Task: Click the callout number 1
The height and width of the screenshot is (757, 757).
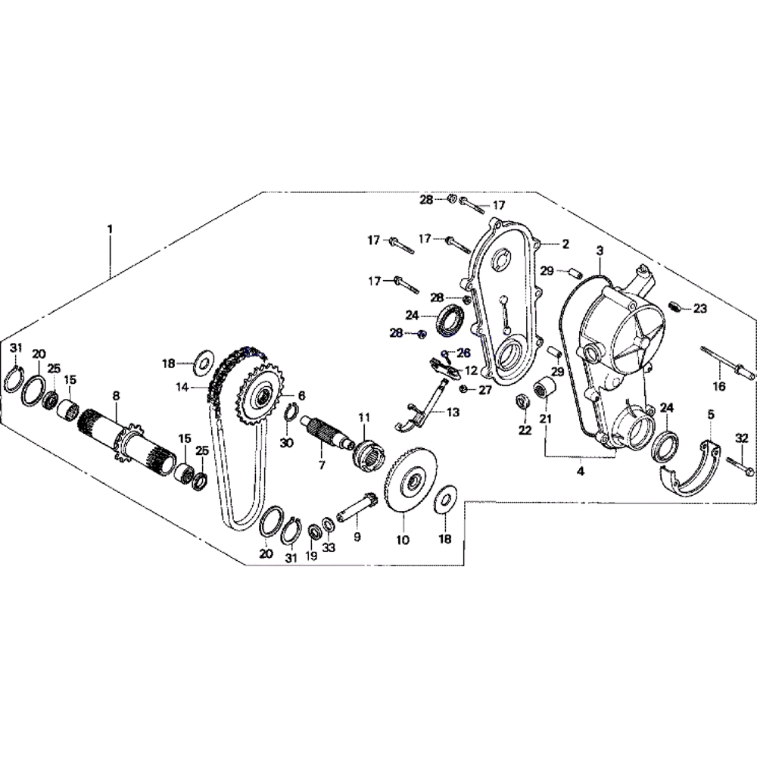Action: [110, 228]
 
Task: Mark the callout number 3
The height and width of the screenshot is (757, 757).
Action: [599, 250]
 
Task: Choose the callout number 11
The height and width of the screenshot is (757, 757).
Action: [364, 417]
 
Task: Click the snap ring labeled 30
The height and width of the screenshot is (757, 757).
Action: [291, 413]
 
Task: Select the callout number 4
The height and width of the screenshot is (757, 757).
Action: [581, 471]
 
